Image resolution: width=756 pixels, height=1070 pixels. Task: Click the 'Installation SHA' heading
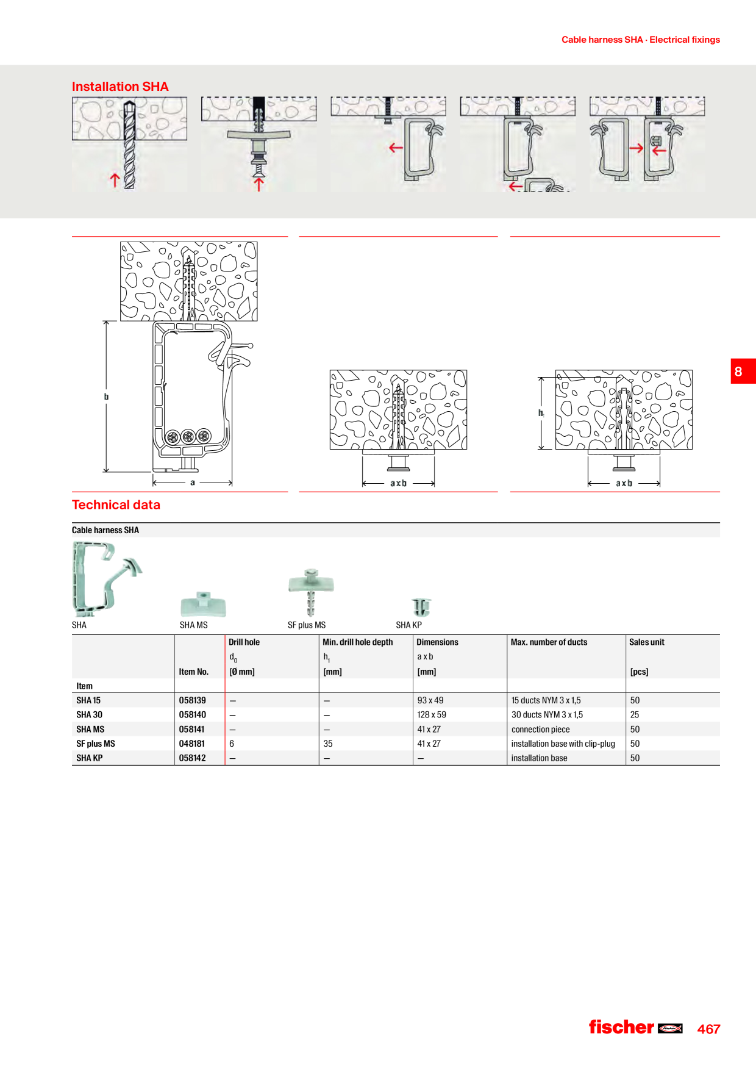pyautogui.click(x=120, y=87)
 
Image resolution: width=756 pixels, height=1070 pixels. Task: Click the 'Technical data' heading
pyautogui.click(x=116, y=505)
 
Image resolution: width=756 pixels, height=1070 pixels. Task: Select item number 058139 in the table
pyautogui.click(x=193, y=700)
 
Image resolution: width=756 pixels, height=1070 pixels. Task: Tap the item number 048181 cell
pyautogui.click(x=192, y=744)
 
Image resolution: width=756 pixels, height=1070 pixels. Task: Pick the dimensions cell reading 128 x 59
pyautogui.click(x=432, y=714)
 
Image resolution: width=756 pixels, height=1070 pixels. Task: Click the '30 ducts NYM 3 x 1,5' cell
pyautogui.click(x=547, y=714)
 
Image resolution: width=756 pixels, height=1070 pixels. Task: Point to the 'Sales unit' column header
pyautogui.click(x=647, y=642)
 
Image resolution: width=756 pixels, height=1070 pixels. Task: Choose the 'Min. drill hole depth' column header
pyautogui.click(x=358, y=642)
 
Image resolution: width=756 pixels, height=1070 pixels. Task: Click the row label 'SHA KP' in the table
pyautogui.click(x=90, y=758)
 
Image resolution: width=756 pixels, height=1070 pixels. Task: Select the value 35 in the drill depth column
pyautogui.click(x=328, y=744)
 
